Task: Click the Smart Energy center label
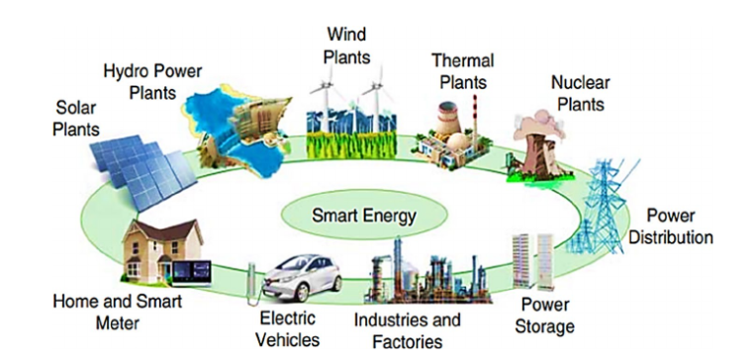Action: coord(363,214)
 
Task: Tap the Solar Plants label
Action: coord(77,118)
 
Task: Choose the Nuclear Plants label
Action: coord(580,94)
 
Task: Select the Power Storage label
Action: coord(546,315)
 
